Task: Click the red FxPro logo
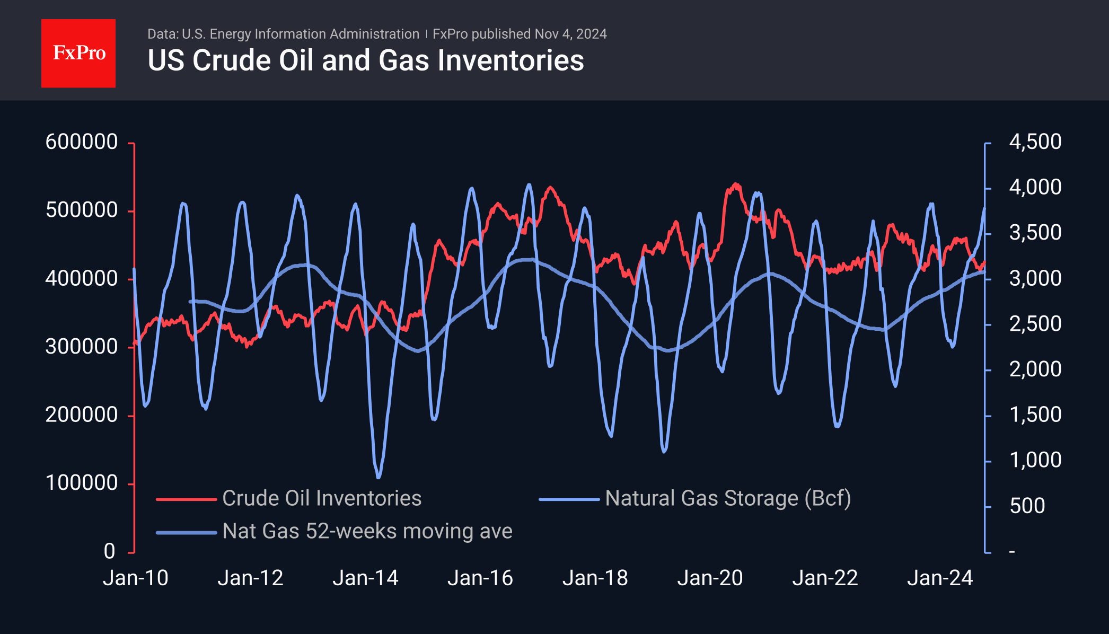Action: click(78, 53)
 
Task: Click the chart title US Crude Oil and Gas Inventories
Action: click(366, 60)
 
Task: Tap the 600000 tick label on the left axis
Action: click(82, 142)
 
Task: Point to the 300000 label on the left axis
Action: click(82, 347)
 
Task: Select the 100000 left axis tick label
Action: click(82, 483)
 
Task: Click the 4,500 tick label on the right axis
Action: click(1035, 142)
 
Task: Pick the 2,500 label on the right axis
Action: click(1035, 324)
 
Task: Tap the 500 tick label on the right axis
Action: click(1027, 506)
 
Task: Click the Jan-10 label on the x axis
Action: click(136, 578)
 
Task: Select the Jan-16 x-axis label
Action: click(480, 578)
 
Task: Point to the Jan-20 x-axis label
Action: click(710, 578)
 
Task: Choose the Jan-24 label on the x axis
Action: click(940, 578)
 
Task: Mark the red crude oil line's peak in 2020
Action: click(736, 184)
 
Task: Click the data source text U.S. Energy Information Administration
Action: click(300, 34)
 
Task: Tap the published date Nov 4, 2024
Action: click(570, 34)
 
